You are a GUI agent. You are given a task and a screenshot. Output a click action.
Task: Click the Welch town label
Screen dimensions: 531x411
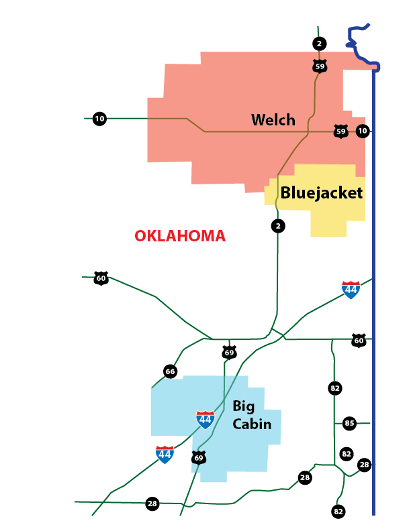point(273,120)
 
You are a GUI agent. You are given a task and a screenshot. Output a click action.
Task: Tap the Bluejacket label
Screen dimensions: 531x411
point(321,193)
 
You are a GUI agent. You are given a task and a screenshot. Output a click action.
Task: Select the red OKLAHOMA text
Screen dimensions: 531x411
point(180,236)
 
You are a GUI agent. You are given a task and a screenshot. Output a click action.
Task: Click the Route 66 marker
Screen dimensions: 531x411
point(170,371)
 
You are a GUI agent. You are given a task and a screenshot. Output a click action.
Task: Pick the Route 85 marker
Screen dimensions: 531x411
point(349,423)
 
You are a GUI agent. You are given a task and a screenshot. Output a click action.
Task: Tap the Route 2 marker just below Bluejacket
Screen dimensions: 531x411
point(279,226)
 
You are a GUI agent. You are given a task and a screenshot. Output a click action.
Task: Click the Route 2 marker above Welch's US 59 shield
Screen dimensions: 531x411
point(320,44)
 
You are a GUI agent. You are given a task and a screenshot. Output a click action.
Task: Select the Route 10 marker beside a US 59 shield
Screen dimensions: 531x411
point(363,131)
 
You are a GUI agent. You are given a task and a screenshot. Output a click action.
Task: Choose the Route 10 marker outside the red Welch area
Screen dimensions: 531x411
point(99,119)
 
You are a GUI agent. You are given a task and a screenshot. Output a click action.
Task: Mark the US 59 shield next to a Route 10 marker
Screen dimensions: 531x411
point(341,131)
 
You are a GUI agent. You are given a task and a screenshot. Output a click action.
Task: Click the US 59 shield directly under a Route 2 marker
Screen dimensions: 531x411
point(320,66)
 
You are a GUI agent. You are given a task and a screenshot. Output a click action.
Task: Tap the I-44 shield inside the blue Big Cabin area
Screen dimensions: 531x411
point(205,420)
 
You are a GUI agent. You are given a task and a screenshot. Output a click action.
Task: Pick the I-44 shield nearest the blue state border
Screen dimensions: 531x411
point(351,290)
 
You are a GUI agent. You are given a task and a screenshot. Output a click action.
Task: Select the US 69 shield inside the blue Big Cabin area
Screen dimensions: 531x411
point(198,458)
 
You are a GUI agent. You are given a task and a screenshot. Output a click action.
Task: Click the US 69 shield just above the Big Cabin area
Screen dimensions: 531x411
point(229,353)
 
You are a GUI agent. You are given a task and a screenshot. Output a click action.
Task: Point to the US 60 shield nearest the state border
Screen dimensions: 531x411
point(359,341)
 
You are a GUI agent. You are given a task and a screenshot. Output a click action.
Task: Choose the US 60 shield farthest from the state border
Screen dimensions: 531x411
point(101,278)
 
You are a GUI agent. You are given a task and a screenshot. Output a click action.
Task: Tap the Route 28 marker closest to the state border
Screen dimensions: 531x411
point(364,465)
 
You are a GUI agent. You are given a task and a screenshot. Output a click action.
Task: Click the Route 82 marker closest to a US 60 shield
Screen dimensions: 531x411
point(334,388)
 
